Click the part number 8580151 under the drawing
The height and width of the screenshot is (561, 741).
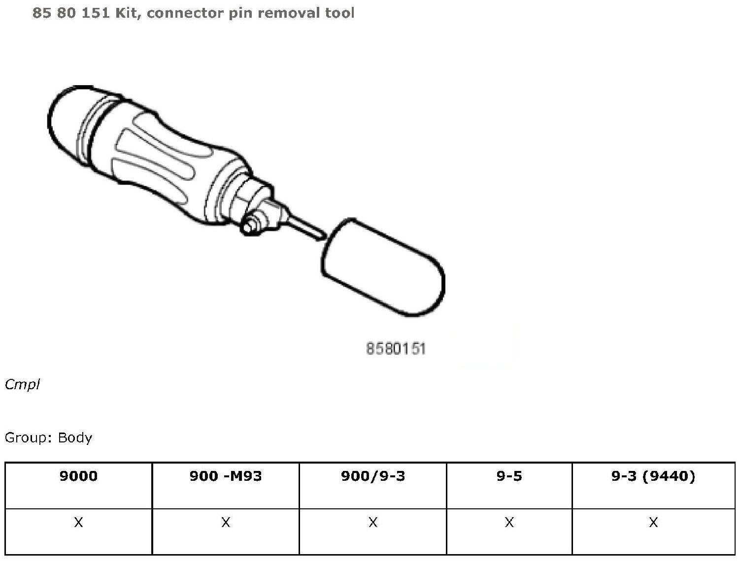point(396,348)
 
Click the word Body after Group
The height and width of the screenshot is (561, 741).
point(75,438)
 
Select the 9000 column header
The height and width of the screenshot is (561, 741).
point(78,476)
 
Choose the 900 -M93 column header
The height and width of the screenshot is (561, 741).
point(226,476)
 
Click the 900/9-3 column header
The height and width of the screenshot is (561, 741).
point(372,476)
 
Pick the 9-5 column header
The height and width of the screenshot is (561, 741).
point(509,476)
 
